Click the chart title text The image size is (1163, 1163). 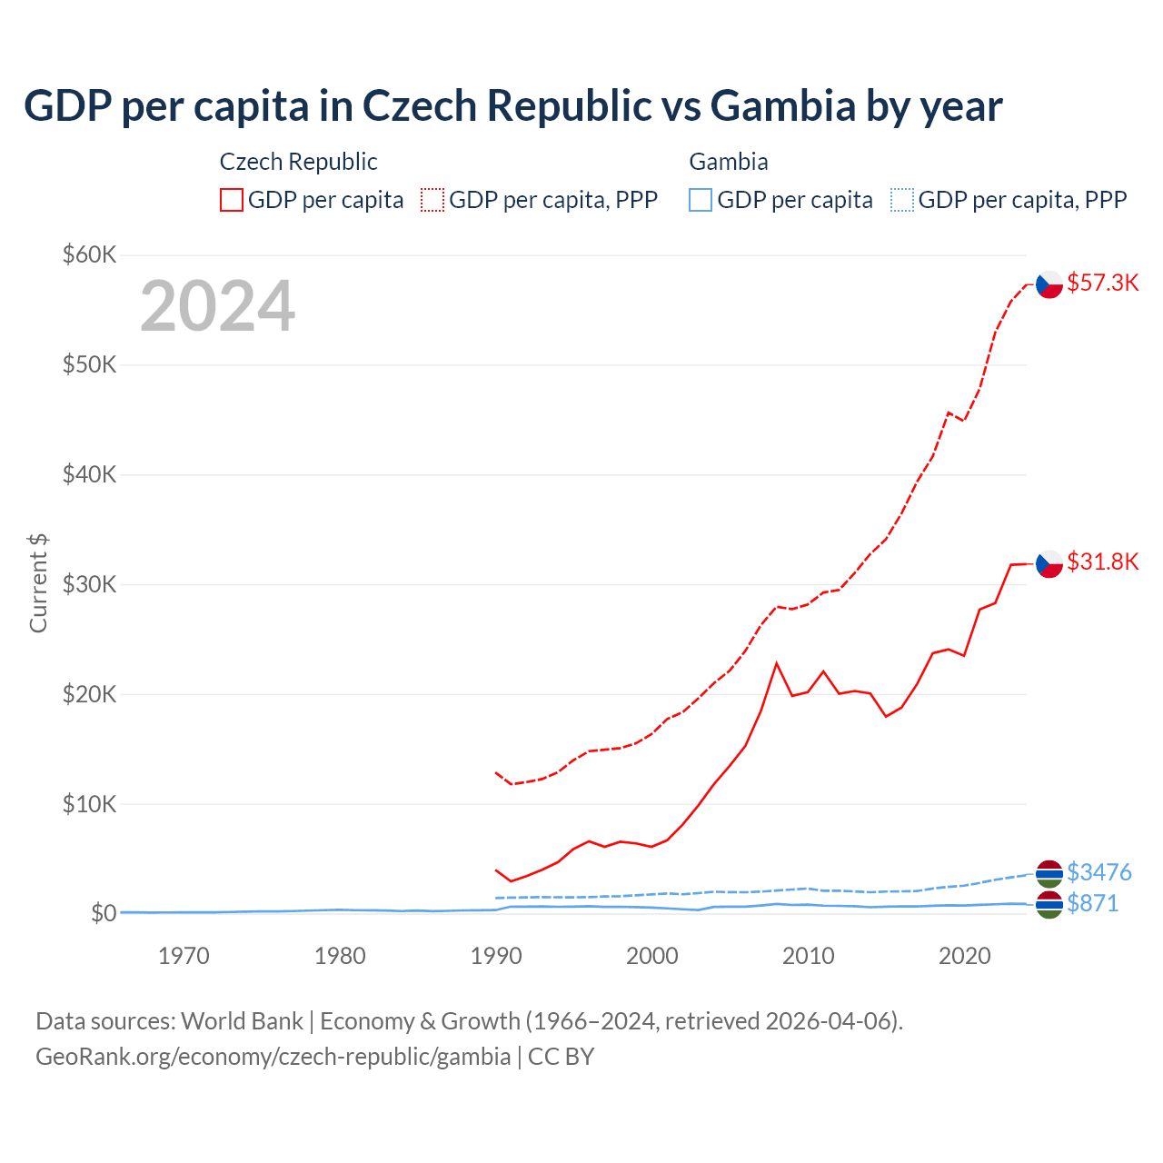(x=512, y=106)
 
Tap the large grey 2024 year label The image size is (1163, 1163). (x=217, y=306)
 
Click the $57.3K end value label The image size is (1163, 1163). (x=1102, y=283)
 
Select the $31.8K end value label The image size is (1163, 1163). (x=1102, y=562)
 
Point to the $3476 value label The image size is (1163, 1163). (x=1098, y=872)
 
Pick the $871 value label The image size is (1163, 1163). (x=1092, y=903)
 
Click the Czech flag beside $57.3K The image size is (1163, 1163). (x=1049, y=284)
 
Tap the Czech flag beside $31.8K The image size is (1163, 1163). (x=1049, y=563)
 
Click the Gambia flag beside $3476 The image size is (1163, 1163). (x=1049, y=873)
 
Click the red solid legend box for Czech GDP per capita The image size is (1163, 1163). (x=232, y=200)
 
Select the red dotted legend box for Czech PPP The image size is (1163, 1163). (x=432, y=200)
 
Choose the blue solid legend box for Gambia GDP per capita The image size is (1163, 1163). (x=701, y=200)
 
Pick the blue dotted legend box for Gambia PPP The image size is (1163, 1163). (x=902, y=200)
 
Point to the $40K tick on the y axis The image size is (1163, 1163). (x=89, y=474)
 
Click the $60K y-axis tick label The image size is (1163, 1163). (x=89, y=254)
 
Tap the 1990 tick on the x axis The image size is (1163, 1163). (x=496, y=956)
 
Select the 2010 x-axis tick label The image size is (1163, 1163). (x=808, y=956)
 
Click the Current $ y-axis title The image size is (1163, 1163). (x=38, y=583)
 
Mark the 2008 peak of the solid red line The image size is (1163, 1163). (x=777, y=663)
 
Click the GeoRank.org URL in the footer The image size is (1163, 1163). (x=273, y=1057)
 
